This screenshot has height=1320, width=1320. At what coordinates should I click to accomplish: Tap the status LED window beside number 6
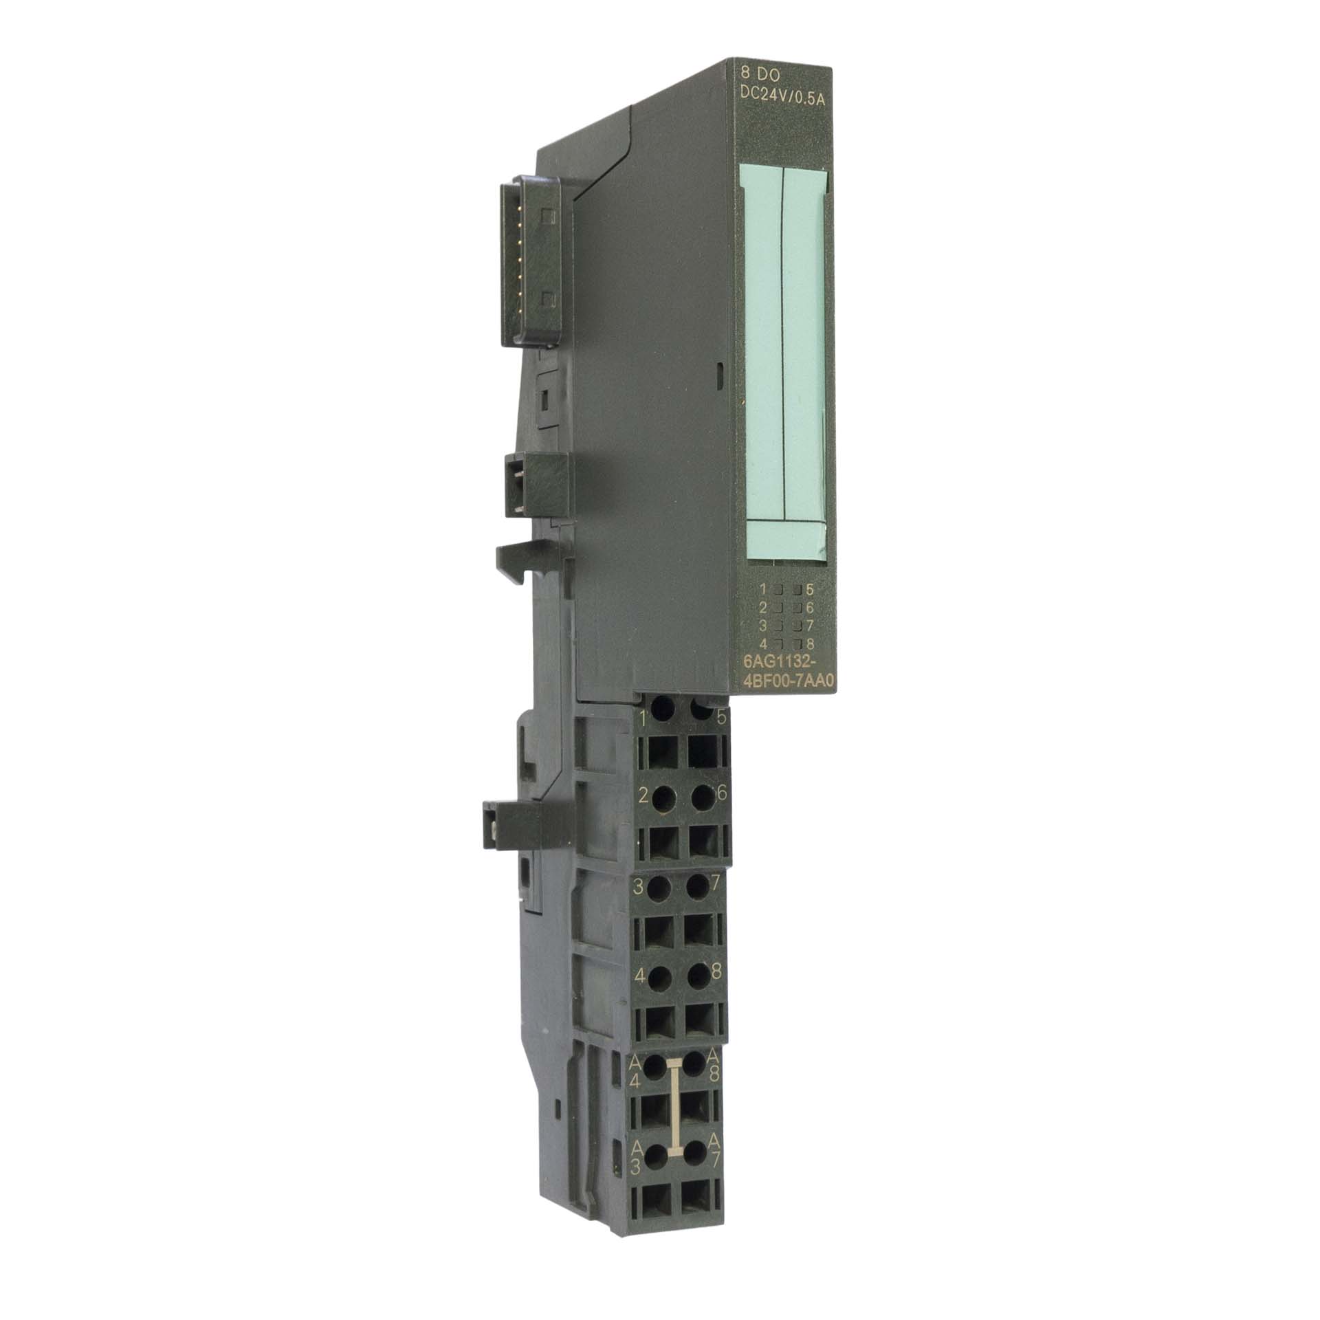(797, 608)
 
